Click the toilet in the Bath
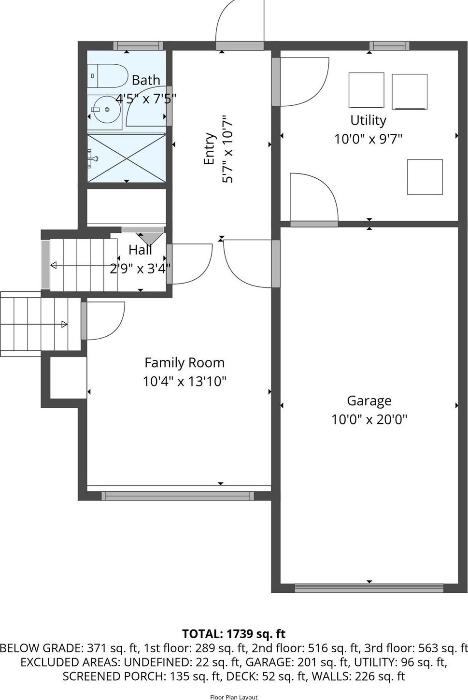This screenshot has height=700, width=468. coord(107,75)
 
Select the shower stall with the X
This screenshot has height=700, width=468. coord(127,158)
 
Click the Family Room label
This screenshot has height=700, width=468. coord(184,363)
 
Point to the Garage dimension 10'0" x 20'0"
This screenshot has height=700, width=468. coord(369,419)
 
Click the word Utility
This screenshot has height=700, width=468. coord(368,120)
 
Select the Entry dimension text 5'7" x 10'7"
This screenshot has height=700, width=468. coord(227,149)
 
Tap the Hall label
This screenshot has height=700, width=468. coord(140,250)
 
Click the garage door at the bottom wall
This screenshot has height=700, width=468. coord(369,588)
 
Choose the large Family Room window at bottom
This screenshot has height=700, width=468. coord(177,496)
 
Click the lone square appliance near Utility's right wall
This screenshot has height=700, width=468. coord(425,177)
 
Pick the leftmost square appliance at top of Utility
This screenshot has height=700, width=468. coord(366,90)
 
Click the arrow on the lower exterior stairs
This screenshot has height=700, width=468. coord(64,324)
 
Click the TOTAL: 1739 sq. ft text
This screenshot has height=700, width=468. coord(234,634)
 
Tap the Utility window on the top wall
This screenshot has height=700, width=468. coord(389,46)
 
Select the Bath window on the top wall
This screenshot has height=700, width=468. coord(138,46)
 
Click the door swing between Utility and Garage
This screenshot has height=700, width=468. coord(313,198)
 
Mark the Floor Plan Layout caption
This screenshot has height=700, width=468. coord(234,697)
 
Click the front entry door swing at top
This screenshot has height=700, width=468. coord(239,22)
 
